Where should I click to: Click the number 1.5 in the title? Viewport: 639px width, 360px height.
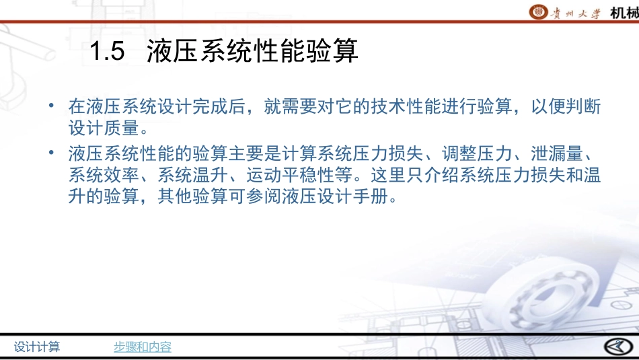point(107,52)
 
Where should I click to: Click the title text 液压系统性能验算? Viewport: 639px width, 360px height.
point(252,52)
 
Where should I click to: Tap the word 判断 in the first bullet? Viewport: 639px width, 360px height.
point(585,106)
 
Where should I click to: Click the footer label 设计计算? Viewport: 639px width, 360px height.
point(37,347)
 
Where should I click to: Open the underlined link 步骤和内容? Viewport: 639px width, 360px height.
point(142,347)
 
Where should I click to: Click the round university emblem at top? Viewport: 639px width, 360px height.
point(538,11)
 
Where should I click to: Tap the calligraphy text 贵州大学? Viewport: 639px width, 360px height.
point(575,12)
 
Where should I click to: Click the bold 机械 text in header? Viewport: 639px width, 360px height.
point(624,12)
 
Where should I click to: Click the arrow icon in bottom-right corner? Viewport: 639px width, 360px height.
point(615,346)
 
